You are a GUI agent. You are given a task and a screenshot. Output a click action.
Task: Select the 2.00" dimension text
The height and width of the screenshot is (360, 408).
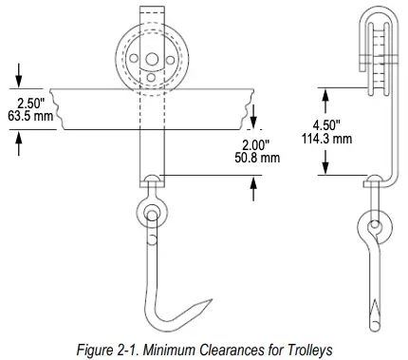click(255, 143)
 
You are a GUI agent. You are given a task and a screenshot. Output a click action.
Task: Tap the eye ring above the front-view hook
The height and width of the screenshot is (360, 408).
click(153, 215)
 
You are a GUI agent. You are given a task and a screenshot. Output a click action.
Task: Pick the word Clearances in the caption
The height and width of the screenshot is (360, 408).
click(232, 348)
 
